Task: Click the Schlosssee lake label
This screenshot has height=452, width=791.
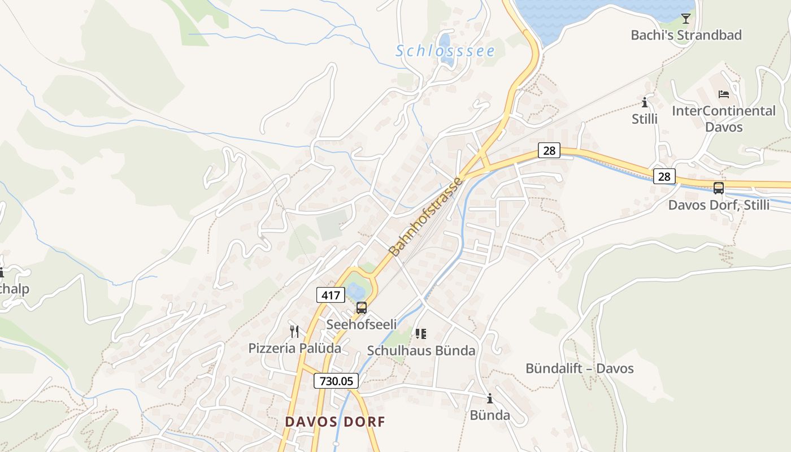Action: [445, 51]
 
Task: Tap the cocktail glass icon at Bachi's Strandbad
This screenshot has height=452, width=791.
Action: [685, 19]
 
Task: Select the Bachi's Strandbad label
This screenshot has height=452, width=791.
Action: [686, 35]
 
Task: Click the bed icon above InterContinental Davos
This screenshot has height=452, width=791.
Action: [723, 94]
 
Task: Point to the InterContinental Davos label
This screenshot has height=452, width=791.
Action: [723, 119]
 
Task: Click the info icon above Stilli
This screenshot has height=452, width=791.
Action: [645, 103]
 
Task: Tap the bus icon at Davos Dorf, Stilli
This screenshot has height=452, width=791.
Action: [719, 188]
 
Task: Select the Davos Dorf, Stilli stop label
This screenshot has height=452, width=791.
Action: [719, 205]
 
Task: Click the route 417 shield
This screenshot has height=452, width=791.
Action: [330, 294]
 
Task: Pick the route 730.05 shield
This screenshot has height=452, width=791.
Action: [336, 381]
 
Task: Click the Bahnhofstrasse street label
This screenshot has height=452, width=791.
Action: [427, 216]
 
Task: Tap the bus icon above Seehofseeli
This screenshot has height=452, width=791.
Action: [362, 308]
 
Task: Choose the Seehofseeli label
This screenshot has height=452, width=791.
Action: [362, 324]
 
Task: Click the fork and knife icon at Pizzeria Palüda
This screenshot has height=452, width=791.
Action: [294, 331]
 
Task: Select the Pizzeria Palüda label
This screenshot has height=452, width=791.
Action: [294, 348]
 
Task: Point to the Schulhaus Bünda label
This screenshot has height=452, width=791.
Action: [421, 351]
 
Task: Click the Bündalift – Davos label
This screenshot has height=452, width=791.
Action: [579, 368]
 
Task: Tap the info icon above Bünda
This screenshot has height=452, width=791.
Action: [490, 399]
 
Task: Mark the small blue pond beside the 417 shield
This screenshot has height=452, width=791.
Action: [356, 291]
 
